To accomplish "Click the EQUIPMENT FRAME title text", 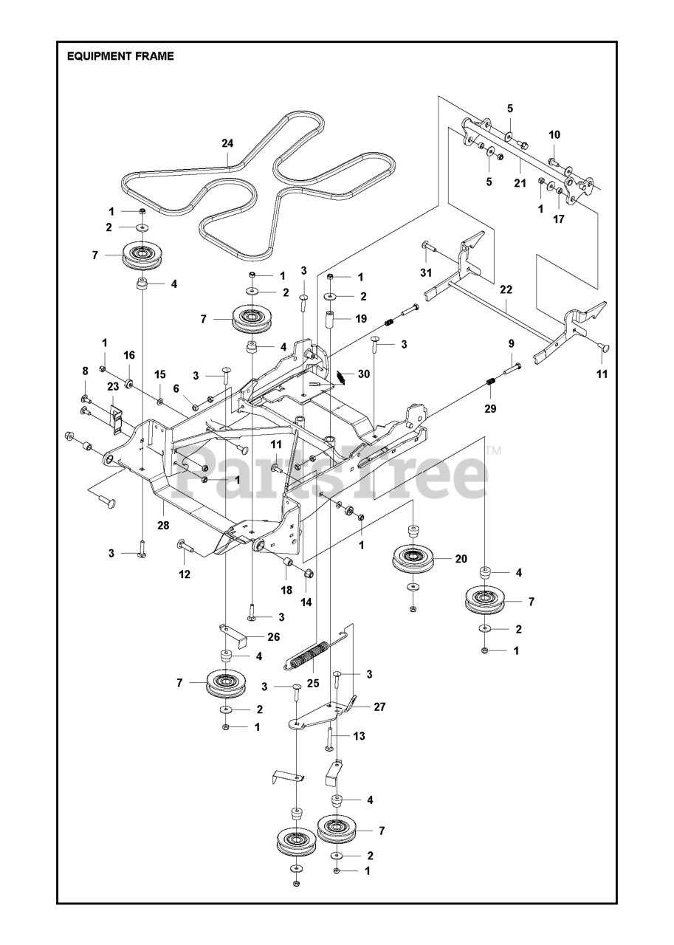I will click(120, 56).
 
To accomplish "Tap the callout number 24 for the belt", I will click(227, 144).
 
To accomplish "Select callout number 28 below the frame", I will click(163, 526).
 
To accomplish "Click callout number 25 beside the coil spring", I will click(313, 684).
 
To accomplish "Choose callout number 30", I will click(363, 374).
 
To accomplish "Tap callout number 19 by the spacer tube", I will click(360, 319).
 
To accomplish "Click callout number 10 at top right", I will click(554, 134).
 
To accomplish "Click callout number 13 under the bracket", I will click(360, 736).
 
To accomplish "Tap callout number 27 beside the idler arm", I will click(379, 707).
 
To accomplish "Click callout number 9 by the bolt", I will click(510, 344).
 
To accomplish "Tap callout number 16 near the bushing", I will click(129, 355).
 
